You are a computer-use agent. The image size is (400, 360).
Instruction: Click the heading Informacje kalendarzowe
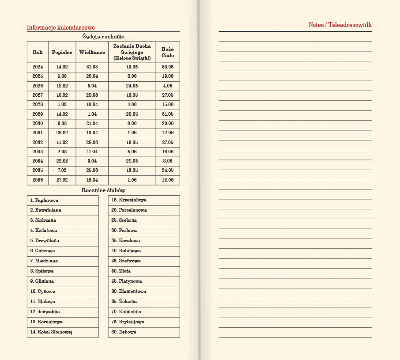click(61, 27)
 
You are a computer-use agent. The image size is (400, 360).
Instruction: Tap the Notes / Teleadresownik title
click(340, 25)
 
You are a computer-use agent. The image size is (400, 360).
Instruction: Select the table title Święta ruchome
click(103, 37)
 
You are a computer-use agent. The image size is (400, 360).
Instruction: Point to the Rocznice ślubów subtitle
click(103, 190)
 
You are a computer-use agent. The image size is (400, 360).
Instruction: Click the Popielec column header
click(62, 52)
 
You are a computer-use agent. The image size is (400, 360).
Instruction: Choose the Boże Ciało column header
click(168, 52)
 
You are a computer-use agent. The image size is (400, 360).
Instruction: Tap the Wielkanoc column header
click(92, 52)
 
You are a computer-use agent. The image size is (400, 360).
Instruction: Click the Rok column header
click(38, 52)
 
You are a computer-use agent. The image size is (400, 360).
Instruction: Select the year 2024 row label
click(38, 67)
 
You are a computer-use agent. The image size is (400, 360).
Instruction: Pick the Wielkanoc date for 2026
click(92, 86)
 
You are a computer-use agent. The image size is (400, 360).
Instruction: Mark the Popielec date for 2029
click(62, 114)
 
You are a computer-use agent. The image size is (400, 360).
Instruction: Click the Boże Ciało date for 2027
click(168, 95)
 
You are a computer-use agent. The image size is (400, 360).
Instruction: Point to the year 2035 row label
click(38, 171)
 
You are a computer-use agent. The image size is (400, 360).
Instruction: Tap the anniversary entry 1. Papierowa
click(44, 200)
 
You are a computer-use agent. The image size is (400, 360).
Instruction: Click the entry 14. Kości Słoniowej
click(51, 332)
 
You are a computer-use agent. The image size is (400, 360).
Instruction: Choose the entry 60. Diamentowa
click(128, 292)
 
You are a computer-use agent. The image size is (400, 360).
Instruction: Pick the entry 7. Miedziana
click(44, 261)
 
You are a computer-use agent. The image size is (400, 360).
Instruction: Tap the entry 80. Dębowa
click(124, 332)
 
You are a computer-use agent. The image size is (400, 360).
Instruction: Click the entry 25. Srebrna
click(124, 220)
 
